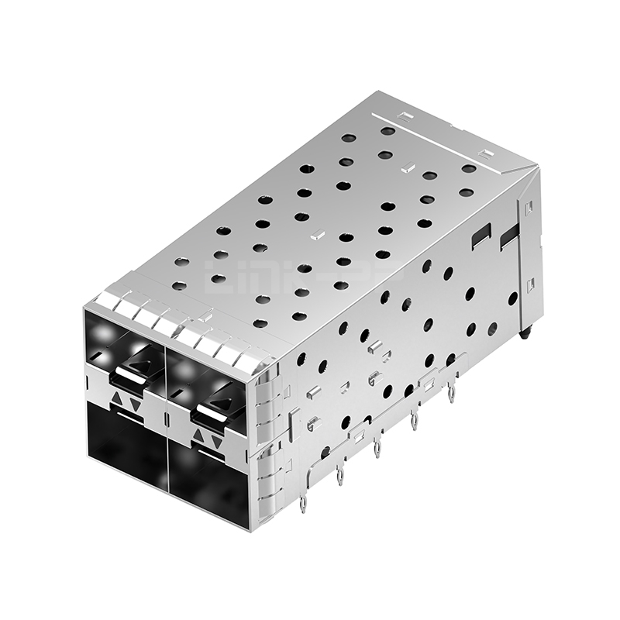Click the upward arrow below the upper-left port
coord(117,400)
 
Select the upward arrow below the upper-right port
coord(199,436)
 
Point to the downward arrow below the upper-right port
coord(217,441)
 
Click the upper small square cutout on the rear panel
coord(529,207)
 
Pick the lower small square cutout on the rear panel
coord(530,285)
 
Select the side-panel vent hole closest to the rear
coord(512,298)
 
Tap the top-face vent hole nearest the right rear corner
coord(469,168)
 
